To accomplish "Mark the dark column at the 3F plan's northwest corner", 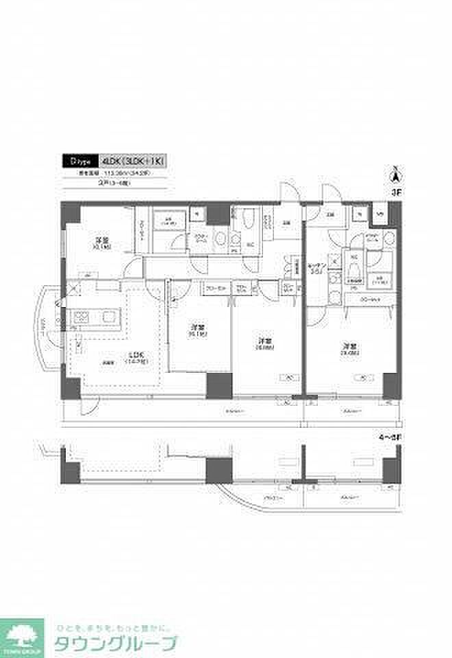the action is click(x=70, y=213).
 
